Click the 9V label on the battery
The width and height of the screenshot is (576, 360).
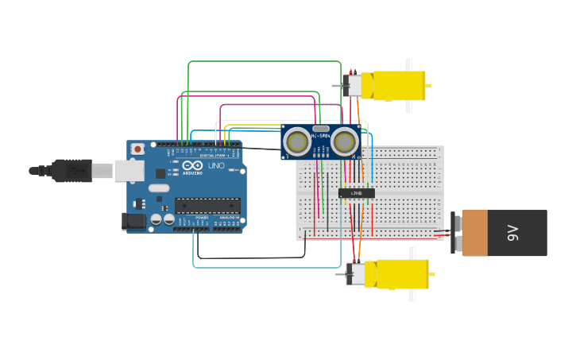(513, 233)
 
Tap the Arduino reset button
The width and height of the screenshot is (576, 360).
(138, 149)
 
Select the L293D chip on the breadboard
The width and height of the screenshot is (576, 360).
(356, 192)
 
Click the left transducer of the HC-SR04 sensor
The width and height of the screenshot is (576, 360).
(297, 142)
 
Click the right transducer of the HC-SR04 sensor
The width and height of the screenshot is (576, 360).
(345, 142)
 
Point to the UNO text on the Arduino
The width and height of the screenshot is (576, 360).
(215, 166)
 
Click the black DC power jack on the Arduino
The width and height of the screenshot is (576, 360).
(135, 221)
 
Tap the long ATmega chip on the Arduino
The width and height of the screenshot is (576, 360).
(207, 206)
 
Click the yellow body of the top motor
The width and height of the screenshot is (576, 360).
(398, 86)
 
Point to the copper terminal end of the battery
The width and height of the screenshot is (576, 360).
(475, 233)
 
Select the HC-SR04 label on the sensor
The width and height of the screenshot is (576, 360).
(321, 137)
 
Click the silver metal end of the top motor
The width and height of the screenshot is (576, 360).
(354, 86)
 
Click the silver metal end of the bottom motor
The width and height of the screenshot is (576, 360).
(358, 274)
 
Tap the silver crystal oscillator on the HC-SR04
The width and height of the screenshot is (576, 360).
(321, 128)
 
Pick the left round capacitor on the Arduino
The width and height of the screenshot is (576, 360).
(157, 219)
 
